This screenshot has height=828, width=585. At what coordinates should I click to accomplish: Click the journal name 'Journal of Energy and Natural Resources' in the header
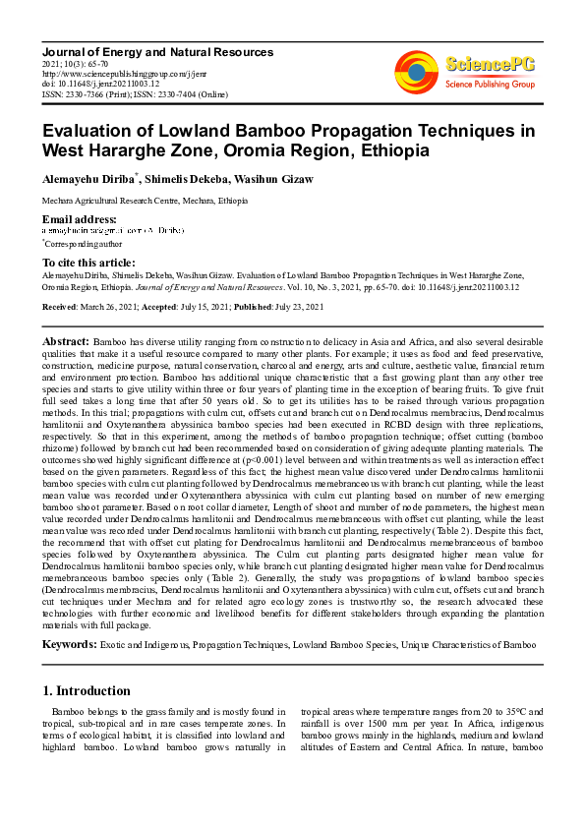tap(157, 51)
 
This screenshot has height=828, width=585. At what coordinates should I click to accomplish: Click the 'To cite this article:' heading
tap(88, 263)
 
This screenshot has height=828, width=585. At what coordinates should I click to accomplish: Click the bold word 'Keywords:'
tap(69, 644)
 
